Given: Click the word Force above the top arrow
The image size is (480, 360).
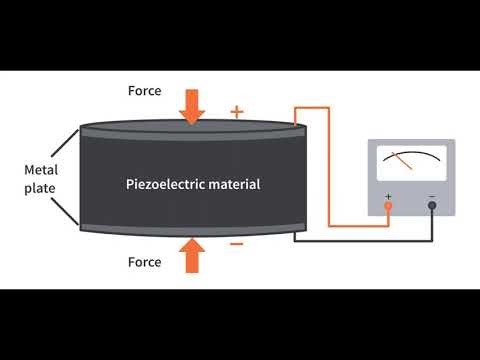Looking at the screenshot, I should tap(144, 91).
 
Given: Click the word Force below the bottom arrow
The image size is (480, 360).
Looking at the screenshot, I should tap(144, 263).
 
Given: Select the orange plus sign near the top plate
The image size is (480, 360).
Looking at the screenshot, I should tap(237, 111).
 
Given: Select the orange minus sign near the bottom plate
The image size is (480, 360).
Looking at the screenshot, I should tap(237, 243).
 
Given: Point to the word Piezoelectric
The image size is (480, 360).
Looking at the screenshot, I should tap(165, 184).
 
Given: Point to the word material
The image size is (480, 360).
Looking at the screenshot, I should tap(236, 184).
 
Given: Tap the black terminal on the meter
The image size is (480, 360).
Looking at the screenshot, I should tap(432, 206).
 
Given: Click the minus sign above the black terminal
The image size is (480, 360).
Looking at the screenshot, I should tap(432, 194).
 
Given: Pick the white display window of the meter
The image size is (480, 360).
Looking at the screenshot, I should tap(411, 163).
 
